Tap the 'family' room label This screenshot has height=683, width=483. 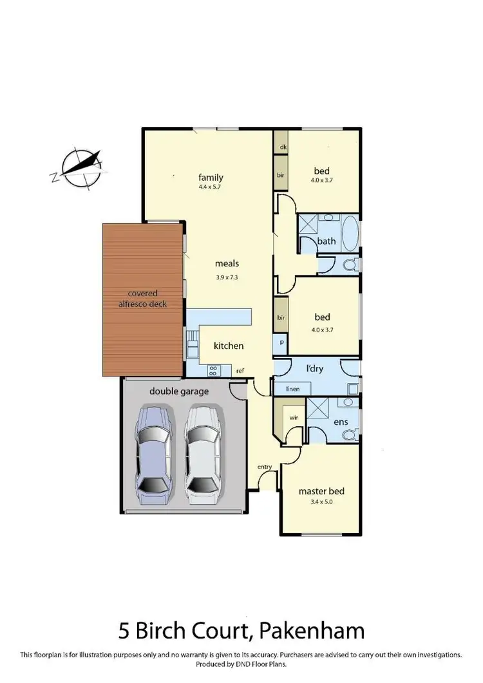click(x=211, y=178)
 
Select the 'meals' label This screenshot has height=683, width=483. click(x=227, y=263)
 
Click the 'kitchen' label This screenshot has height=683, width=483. click(x=229, y=346)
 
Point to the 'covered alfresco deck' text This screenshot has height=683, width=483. click(x=142, y=298)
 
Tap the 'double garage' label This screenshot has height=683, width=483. click(x=175, y=391)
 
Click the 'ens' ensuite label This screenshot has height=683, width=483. click(x=341, y=422)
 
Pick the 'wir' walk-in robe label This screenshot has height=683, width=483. click(x=294, y=417)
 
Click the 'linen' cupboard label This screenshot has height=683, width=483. click(x=283, y=389)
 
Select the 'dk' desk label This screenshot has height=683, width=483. click(x=282, y=147)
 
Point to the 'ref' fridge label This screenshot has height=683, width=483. click(x=240, y=371)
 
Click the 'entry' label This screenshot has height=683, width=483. click(x=265, y=466)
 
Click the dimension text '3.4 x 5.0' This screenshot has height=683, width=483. click(x=319, y=501)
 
